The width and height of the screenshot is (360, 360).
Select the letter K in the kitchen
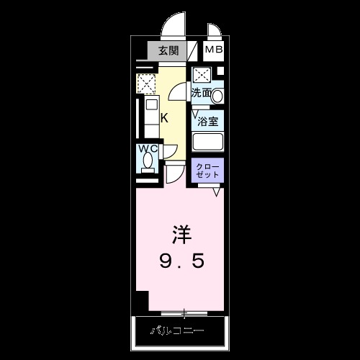pos(164,118)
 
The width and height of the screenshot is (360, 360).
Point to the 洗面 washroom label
pos(201,93)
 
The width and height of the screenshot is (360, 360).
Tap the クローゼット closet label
pos(208,171)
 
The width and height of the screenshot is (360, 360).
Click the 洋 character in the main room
pos(181,234)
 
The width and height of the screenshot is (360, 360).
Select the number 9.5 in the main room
pos(181,259)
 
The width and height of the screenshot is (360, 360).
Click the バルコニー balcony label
pos(177,331)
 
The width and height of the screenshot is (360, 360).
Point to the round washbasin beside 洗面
pos(217,95)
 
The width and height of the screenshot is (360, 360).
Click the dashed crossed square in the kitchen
pos(146,84)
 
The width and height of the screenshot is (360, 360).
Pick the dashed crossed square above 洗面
pos(202,74)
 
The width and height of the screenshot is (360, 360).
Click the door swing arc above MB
pos(214,32)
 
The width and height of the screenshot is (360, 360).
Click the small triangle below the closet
pos(217,192)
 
